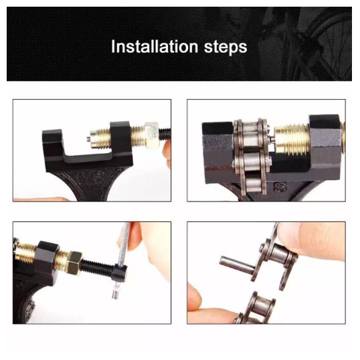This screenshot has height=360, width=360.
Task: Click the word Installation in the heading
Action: click(x=155, y=47)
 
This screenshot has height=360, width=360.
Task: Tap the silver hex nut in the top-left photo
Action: click(x=152, y=134)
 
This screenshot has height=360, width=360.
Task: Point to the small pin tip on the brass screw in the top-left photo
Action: click(x=88, y=139)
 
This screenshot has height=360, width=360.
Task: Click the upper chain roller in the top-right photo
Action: click(x=251, y=134)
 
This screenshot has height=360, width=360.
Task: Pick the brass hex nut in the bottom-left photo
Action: click(x=73, y=263)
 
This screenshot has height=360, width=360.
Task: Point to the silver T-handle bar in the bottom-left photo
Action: click(x=120, y=260)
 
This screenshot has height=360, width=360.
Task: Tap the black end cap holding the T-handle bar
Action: click(x=120, y=272)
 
